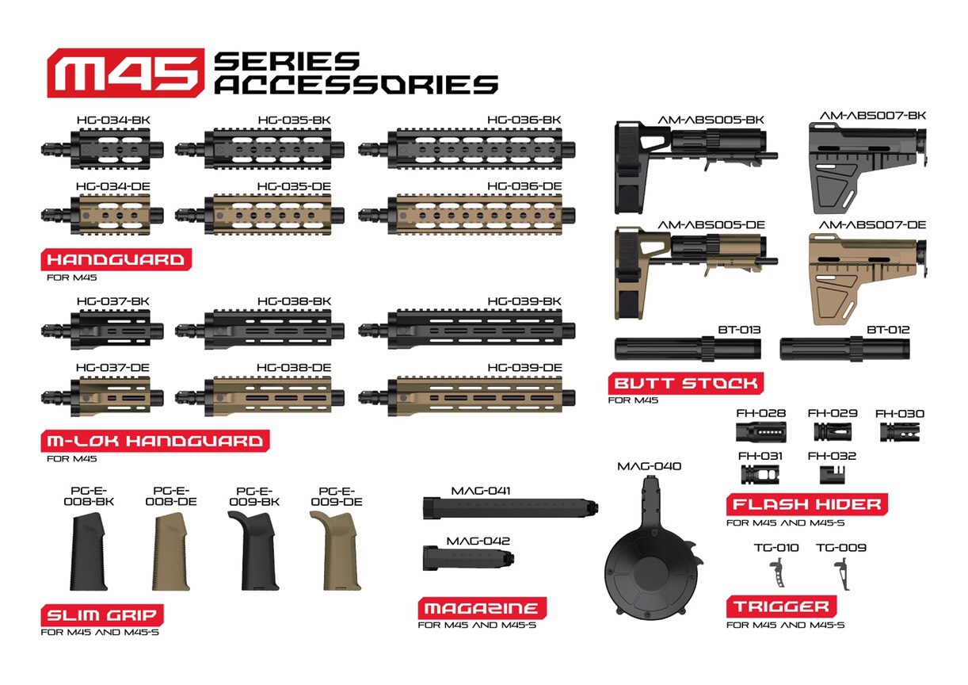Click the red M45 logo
(125, 73)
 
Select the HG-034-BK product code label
(113, 120)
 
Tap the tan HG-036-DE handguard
(467, 215)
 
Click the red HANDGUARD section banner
(116, 259)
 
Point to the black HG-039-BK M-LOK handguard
(467, 330)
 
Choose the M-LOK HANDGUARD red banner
(155, 441)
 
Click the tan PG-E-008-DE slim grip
(170, 551)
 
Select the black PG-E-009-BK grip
(254, 551)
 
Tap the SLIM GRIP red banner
(102, 615)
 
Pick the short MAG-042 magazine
(468, 558)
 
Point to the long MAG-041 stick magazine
(510, 507)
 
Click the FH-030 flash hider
(900, 432)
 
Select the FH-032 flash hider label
(832, 456)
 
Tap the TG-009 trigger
(843, 574)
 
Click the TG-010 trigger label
(776, 548)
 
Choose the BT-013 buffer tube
(688, 349)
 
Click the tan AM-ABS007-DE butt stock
(867, 279)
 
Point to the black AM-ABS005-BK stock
(695, 167)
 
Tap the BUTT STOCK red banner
(686, 383)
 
